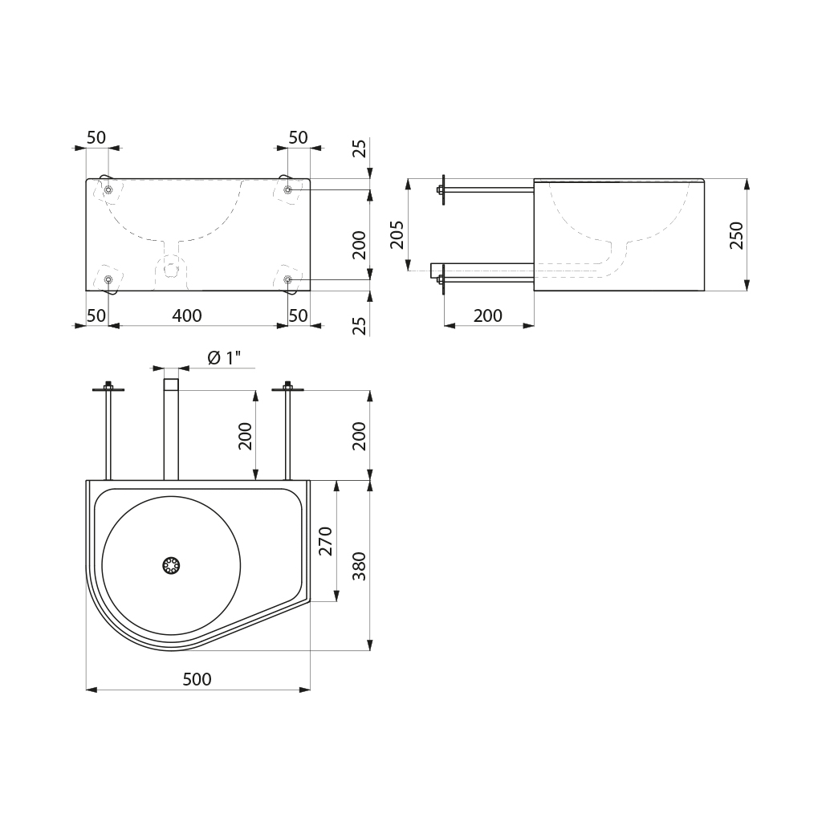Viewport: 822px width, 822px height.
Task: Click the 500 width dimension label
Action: click(x=197, y=679)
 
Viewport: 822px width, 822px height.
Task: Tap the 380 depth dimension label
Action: click(x=359, y=566)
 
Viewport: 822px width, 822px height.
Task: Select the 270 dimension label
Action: click(x=326, y=541)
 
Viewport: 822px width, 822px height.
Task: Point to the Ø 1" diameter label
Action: click(x=224, y=358)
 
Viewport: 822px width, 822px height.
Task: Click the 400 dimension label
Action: click(x=187, y=315)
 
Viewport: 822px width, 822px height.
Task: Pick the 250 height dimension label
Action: click(x=737, y=235)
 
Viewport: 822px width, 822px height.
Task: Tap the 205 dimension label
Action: click(x=397, y=234)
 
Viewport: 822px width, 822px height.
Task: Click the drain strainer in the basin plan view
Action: click(x=171, y=565)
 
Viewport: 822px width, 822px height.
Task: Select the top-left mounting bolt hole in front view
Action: click(x=108, y=189)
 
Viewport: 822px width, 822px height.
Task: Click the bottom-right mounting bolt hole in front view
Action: click(x=288, y=279)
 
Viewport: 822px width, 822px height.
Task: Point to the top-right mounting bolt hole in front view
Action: click(x=288, y=189)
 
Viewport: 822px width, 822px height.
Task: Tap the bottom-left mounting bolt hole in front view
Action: click(x=108, y=279)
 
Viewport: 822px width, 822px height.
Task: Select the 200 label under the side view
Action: click(x=488, y=315)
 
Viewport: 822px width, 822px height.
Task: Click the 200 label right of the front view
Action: click(x=359, y=245)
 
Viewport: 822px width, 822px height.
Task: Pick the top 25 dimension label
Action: click(x=359, y=149)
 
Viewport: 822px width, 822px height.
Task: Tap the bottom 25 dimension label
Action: click(x=359, y=326)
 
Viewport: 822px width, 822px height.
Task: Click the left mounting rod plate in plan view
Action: click(x=108, y=389)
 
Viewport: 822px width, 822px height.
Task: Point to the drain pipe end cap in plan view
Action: click(x=171, y=385)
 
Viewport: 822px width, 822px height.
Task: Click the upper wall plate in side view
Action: click(x=443, y=189)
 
